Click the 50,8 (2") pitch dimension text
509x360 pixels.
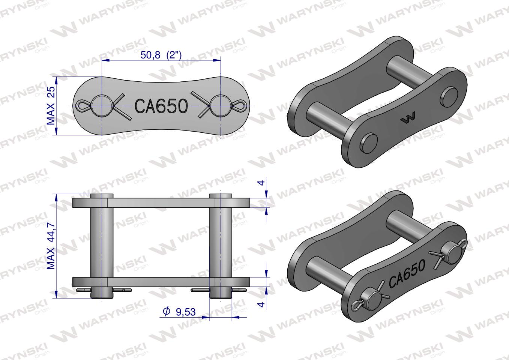(161, 55)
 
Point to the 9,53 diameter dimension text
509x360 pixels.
(185, 312)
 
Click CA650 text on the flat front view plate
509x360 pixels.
(161, 106)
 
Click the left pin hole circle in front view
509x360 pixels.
(101, 106)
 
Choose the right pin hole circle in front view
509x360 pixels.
(220, 106)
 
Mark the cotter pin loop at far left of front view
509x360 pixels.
(83, 106)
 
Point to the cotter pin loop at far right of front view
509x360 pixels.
(239, 106)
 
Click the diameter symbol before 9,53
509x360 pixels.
(167, 311)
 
